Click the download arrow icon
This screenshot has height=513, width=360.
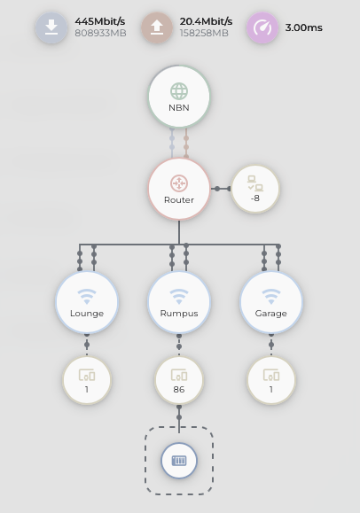click(x=51, y=27)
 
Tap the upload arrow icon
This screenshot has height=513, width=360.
click(x=157, y=27)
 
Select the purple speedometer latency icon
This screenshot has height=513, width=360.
click(x=262, y=27)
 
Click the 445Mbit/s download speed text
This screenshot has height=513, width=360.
click(x=100, y=21)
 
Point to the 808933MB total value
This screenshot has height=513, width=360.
click(x=100, y=33)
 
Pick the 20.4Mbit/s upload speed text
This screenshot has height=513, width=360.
click(x=206, y=21)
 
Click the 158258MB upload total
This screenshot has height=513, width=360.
click(x=204, y=33)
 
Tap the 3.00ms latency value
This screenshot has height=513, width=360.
click(x=303, y=27)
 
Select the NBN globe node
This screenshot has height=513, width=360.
click(x=179, y=97)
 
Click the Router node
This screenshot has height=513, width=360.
click(x=179, y=189)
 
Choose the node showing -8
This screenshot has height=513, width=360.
click(x=255, y=189)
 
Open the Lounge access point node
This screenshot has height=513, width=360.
click(x=87, y=303)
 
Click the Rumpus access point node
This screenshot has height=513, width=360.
click(x=179, y=303)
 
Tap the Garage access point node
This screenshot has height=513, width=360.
click(x=271, y=303)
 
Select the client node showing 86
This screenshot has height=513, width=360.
click(x=179, y=380)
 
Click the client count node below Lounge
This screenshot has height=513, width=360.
click(x=87, y=380)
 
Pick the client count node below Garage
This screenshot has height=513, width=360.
click(x=271, y=380)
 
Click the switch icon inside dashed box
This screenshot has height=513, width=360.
click(x=179, y=461)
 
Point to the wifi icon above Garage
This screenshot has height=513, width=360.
click(x=271, y=297)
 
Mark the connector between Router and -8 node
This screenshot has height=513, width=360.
click(x=221, y=189)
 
